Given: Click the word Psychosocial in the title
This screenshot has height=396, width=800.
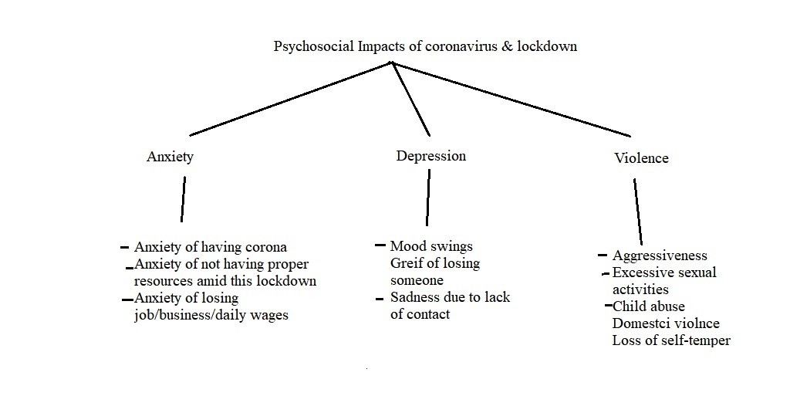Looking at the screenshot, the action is click(314, 46).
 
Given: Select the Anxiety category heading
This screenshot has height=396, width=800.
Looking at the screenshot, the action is click(170, 157).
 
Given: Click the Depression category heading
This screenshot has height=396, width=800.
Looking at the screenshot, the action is click(431, 156).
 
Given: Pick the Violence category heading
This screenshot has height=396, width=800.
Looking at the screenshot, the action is click(641, 158).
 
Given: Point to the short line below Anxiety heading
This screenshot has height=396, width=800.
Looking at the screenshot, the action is click(183, 199).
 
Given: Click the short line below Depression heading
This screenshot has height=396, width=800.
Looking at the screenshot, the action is click(428, 198).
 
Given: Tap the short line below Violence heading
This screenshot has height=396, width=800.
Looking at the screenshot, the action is click(638, 212).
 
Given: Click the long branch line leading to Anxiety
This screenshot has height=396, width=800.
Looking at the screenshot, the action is click(290, 99).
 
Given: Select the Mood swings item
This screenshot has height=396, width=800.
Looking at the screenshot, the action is click(432, 246).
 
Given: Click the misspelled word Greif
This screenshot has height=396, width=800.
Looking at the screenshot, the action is click(403, 264).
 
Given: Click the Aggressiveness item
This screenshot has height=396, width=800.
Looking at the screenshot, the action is click(660, 256).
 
